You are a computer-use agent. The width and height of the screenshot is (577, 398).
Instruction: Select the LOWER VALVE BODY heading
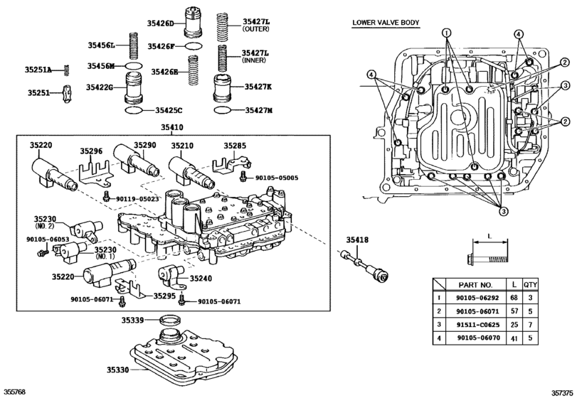click(386, 23)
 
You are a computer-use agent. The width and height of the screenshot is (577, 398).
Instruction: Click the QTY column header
click(530, 284)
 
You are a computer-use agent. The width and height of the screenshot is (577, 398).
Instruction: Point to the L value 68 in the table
click(514, 298)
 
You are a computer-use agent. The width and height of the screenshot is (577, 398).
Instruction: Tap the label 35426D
click(160, 23)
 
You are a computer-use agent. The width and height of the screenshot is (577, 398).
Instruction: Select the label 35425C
click(169, 110)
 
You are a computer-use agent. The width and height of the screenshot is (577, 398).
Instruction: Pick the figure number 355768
click(16, 392)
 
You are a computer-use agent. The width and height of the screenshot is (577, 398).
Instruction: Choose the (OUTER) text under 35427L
click(254, 30)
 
